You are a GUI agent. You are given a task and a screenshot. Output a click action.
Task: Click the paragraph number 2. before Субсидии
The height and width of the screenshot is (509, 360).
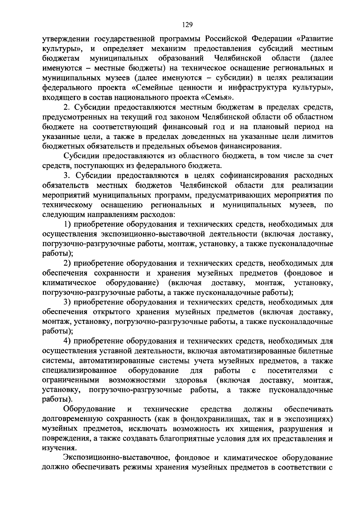(x=67, y=107)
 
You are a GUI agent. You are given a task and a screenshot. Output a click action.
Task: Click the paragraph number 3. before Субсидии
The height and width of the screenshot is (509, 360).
(x=67, y=175)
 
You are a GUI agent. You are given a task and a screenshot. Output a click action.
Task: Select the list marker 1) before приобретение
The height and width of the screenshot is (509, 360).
(x=67, y=224)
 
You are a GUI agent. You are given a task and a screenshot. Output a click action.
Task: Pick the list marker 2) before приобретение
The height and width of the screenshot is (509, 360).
(x=67, y=263)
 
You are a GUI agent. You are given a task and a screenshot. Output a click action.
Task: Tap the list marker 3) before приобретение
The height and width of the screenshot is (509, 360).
(x=67, y=302)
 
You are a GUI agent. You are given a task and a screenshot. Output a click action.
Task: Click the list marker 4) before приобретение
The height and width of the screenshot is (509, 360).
(x=67, y=341)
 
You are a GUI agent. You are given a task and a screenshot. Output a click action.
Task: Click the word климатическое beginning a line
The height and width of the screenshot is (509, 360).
(x=69, y=283)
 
